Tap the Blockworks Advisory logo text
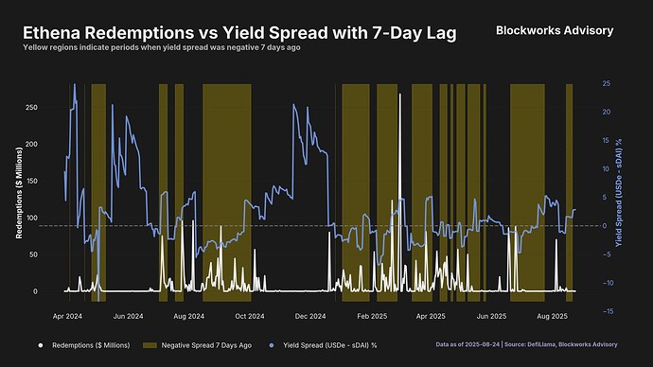pyautogui.click(x=555, y=31)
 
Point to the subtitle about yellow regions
pyautogui.click(x=162, y=47)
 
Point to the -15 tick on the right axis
pyautogui.click(x=605, y=311)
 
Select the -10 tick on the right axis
pyautogui.click(x=605, y=283)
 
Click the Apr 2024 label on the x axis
pyautogui.click(x=68, y=315)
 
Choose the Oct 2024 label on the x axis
pyautogui.click(x=250, y=315)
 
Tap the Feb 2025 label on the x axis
pyautogui.click(x=370, y=315)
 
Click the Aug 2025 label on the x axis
pyautogui.click(x=552, y=315)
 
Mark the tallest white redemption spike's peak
pyautogui.click(x=400, y=95)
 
